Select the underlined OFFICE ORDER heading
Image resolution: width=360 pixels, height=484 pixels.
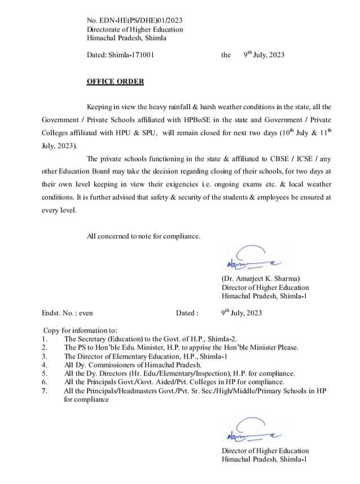[x=115, y=81]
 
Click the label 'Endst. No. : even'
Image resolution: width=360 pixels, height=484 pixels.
[x=67, y=312]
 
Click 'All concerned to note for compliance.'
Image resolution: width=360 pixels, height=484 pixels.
[x=143, y=236]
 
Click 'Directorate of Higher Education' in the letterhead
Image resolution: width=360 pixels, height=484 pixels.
[x=135, y=29]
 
